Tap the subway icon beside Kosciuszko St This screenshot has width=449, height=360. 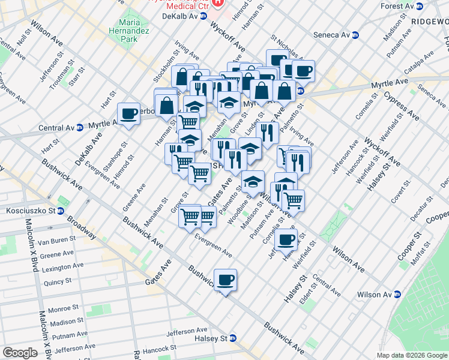[61, 211]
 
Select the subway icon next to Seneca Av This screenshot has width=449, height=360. [355, 34]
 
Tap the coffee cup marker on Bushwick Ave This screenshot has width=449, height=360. [225, 280]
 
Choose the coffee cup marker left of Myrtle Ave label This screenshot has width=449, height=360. [129, 114]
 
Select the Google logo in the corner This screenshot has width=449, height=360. [20, 353]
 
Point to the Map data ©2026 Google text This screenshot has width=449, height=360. [411, 355]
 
